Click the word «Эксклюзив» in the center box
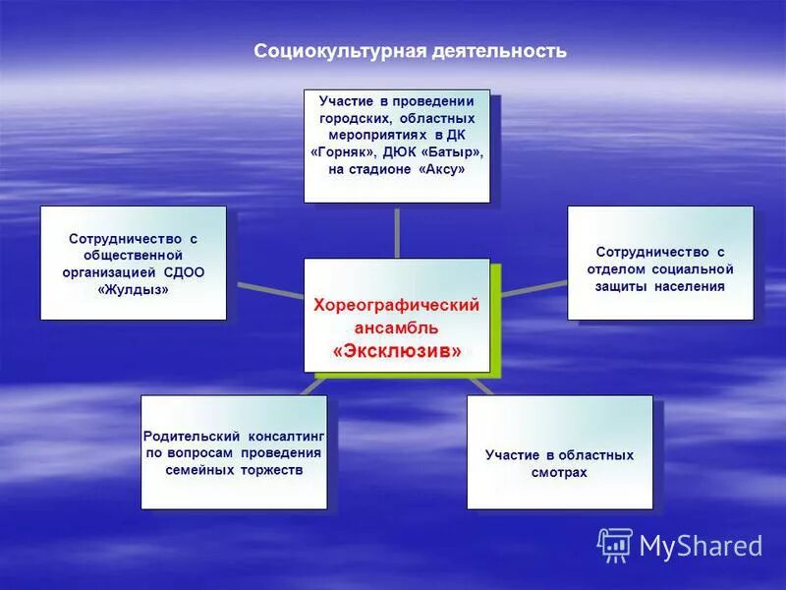(x=397, y=350)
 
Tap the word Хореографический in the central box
(x=396, y=305)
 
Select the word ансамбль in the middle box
(x=397, y=327)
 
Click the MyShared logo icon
(x=615, y=545)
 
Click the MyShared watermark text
(x=701, y=546)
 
